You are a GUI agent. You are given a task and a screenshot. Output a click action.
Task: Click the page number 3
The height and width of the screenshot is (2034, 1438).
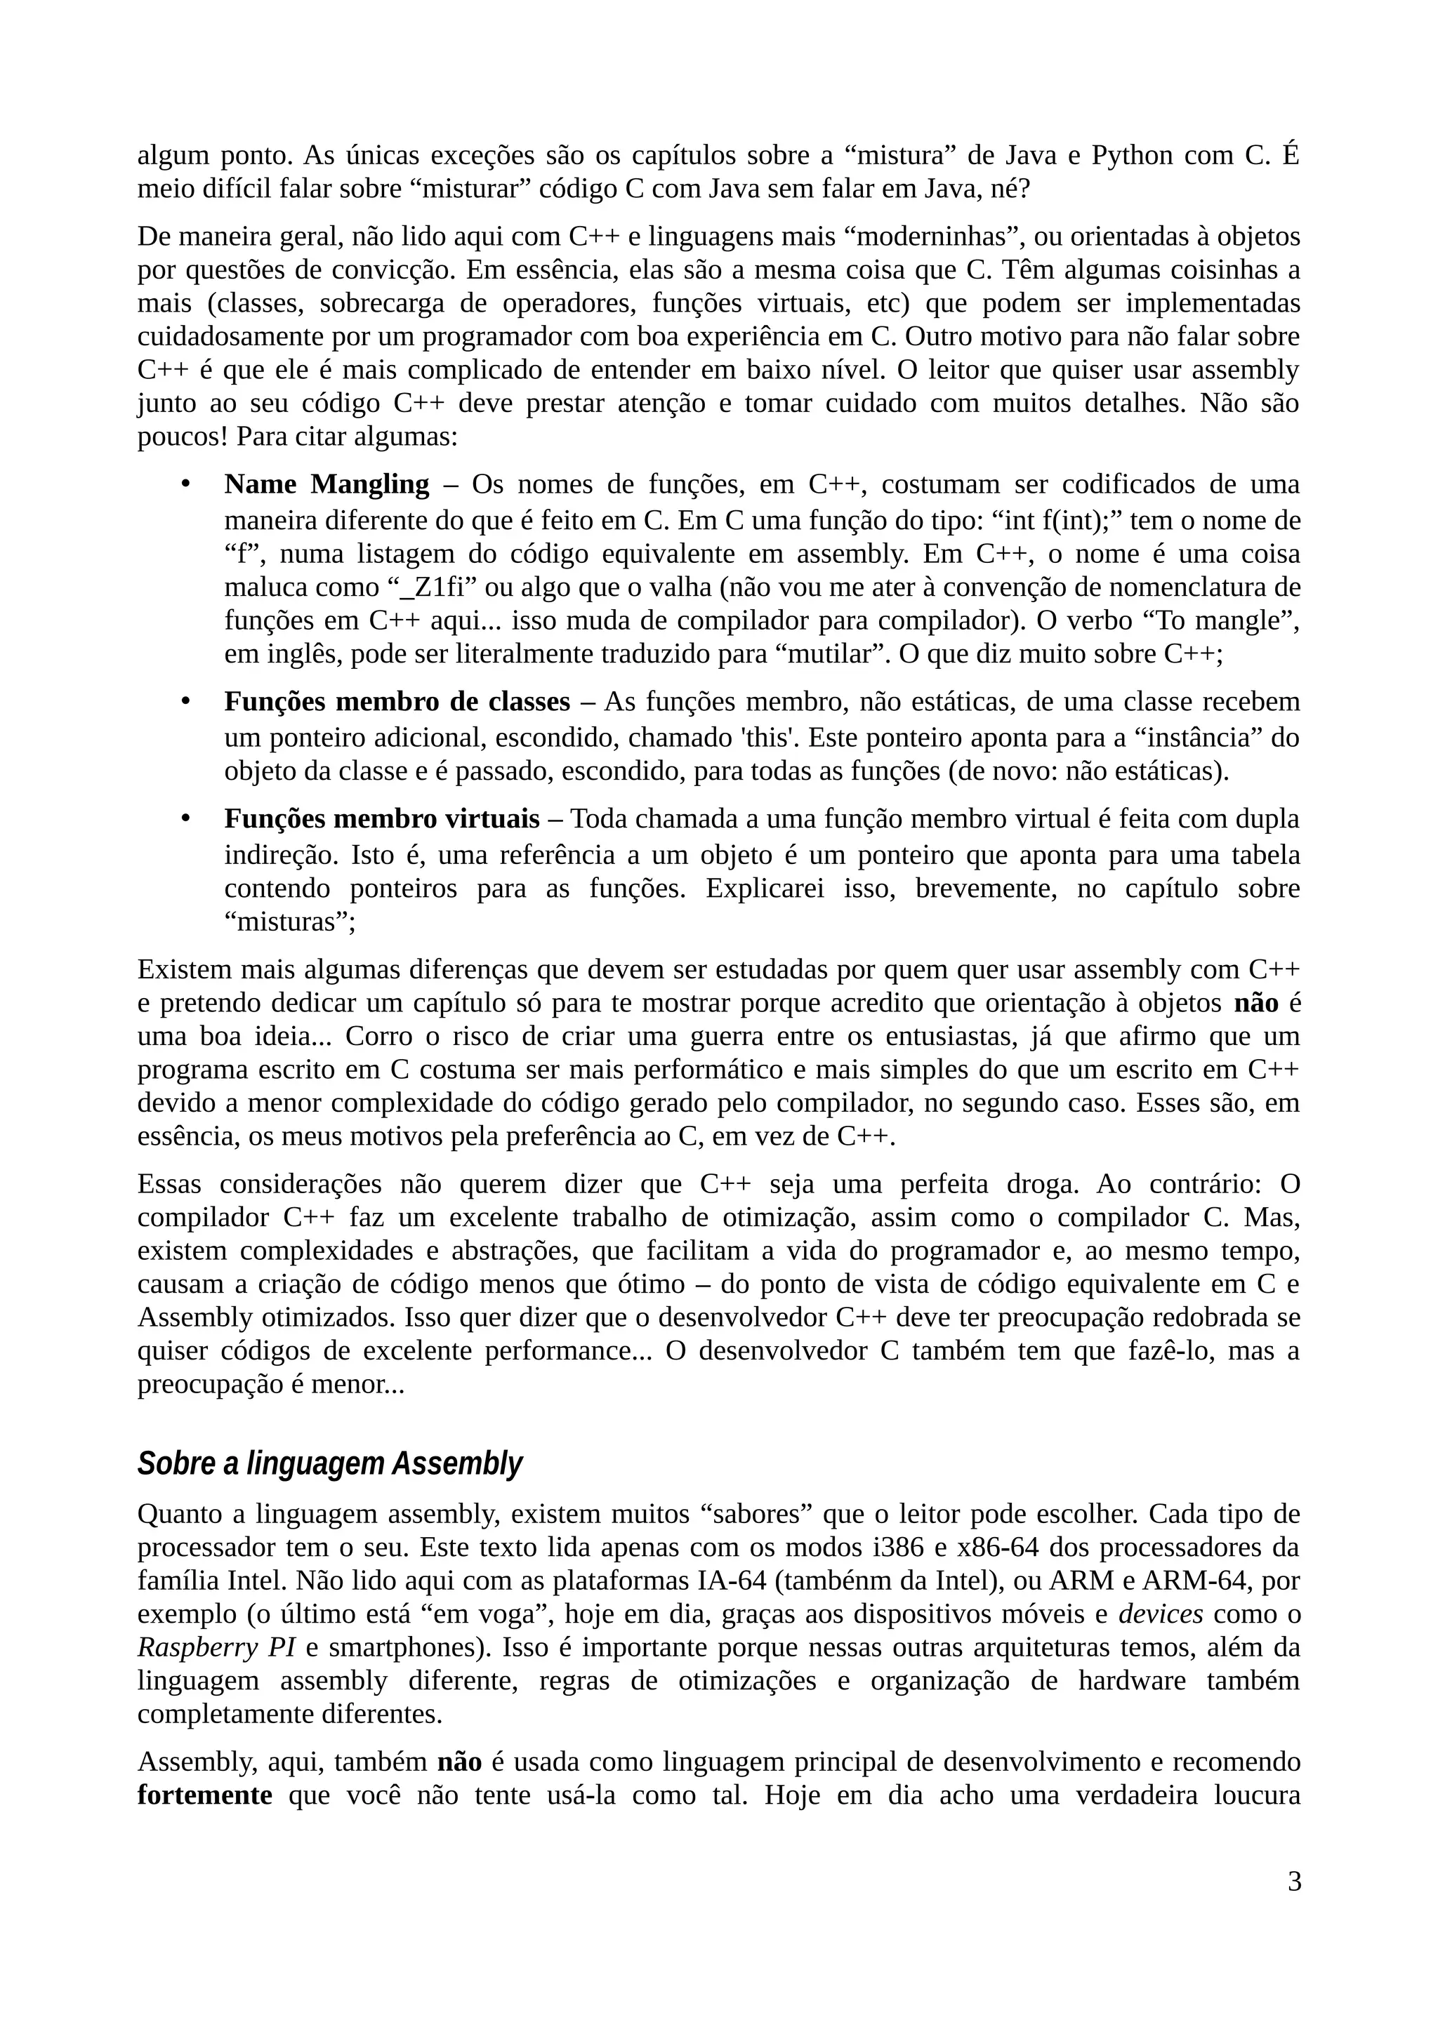point(1293,1906)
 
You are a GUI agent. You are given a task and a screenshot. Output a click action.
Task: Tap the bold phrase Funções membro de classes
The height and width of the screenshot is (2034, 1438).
point(397,702)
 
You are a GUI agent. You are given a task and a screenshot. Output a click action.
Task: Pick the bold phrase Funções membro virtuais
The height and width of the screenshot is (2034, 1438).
point(381,818)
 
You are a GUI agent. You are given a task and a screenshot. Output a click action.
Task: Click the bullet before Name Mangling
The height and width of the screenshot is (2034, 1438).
point(185,484)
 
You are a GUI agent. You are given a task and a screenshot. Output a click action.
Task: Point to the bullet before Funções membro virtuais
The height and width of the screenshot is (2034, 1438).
point(185,818)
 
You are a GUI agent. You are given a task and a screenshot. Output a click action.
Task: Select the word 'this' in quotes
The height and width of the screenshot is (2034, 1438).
point(769,737)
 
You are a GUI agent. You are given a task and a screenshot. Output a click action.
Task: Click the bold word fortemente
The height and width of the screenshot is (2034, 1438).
point(204,1795)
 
